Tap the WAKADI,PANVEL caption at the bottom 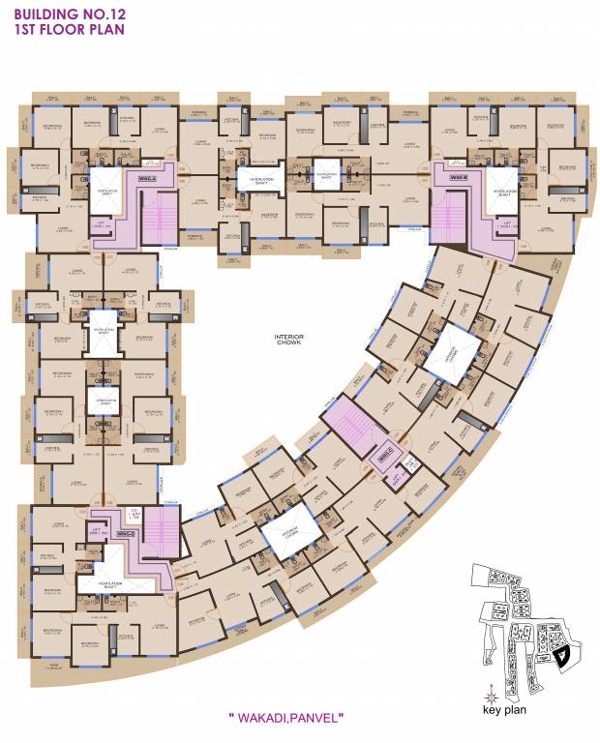[286, 717]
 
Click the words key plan [503, 708]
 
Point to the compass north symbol [492, 693]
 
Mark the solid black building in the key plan [562, 657]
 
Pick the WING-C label [124, 533]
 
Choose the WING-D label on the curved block [385, 452]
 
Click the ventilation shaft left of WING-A [105, 189]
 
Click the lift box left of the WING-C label [96, 532]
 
